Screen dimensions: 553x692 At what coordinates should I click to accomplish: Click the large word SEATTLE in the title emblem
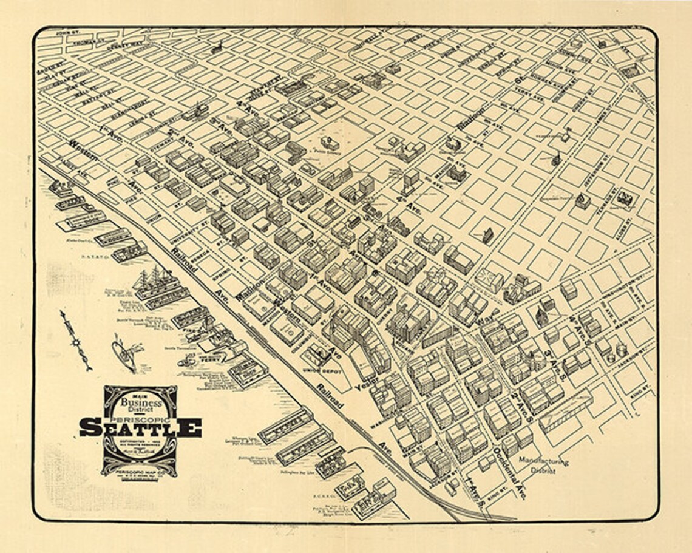[140, 427]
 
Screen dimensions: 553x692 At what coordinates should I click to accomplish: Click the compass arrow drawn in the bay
[76, 341]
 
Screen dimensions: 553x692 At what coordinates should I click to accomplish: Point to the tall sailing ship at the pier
[149, 280]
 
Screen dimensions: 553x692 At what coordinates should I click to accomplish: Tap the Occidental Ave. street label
[509, 474]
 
